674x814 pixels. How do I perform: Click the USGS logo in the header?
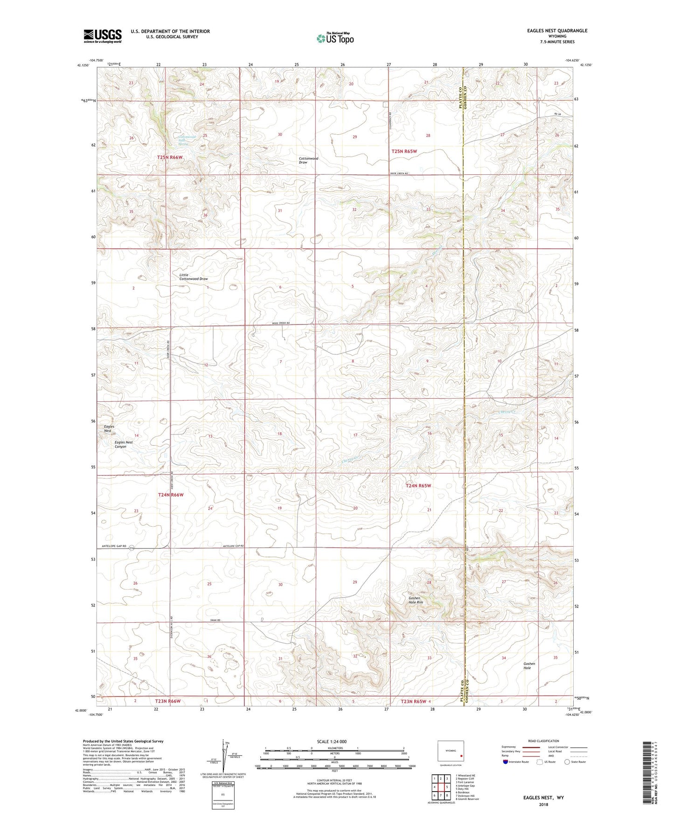[102, 36]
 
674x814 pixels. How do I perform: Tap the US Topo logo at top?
[335, 38]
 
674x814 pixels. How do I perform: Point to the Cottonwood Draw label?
[308, 160]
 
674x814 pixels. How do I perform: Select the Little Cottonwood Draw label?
[193, 277]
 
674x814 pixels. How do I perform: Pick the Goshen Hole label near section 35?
[529, 666]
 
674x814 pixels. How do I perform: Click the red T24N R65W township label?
[418, 486]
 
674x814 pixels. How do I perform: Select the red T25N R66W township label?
[169, 158]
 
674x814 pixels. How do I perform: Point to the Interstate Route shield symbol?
[506, 762]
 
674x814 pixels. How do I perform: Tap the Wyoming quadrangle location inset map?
[450, 753]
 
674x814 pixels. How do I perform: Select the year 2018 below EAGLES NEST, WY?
[543, 804]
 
